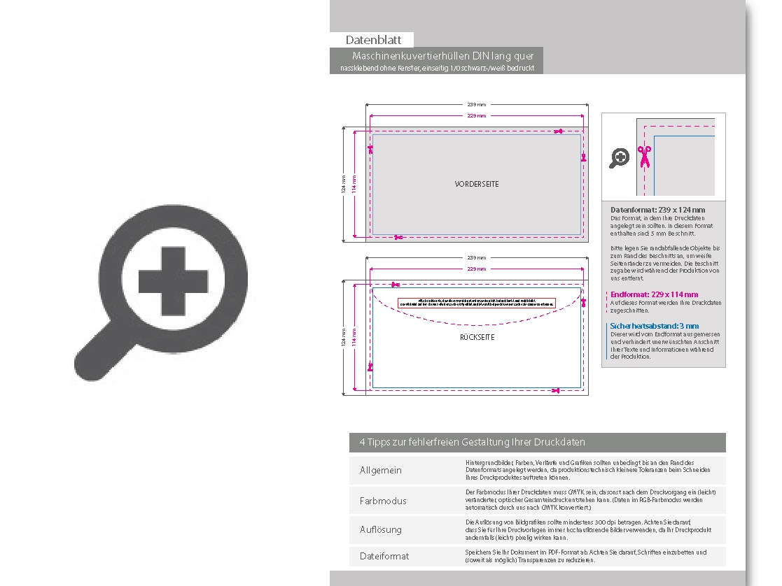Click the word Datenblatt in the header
372,41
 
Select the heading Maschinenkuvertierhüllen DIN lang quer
443,56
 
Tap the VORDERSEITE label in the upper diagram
477,184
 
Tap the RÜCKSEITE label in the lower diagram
477,337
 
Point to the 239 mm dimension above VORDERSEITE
476,105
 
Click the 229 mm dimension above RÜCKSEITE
476,269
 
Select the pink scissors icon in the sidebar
643,157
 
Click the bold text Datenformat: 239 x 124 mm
657,210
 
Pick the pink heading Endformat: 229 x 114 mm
654,295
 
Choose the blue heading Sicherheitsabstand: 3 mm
654,326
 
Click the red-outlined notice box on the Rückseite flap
476,303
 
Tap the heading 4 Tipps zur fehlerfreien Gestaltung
472,443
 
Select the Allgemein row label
380,470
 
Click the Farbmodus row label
382,501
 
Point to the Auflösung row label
380,529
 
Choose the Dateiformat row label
384,556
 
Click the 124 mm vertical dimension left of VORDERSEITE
344,185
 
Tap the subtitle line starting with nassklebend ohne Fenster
437,68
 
